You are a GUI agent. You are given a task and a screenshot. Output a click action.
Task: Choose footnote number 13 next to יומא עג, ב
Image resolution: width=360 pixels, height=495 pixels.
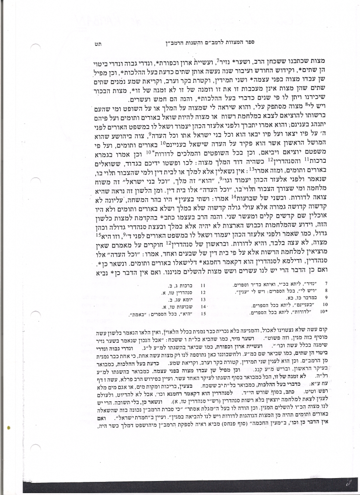tap(203, 299)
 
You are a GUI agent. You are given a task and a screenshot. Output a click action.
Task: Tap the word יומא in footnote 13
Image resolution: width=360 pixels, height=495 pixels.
tap(189, 299)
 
